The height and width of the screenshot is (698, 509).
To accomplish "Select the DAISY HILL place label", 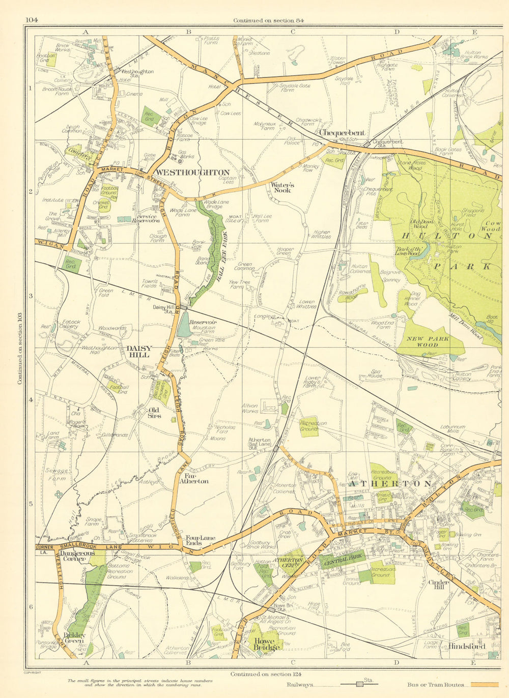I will (139, 352).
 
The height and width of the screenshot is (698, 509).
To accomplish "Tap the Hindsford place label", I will (467, 647).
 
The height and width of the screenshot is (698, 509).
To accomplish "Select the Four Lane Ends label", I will (200, 540).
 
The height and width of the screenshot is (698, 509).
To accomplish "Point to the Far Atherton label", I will (193, 478).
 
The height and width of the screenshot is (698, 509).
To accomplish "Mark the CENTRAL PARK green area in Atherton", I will (343, 560).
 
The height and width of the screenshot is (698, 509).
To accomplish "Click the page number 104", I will (32, 20).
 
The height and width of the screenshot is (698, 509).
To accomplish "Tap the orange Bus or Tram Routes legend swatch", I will (484, 685).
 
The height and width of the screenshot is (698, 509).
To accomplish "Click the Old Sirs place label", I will (153, 413).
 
